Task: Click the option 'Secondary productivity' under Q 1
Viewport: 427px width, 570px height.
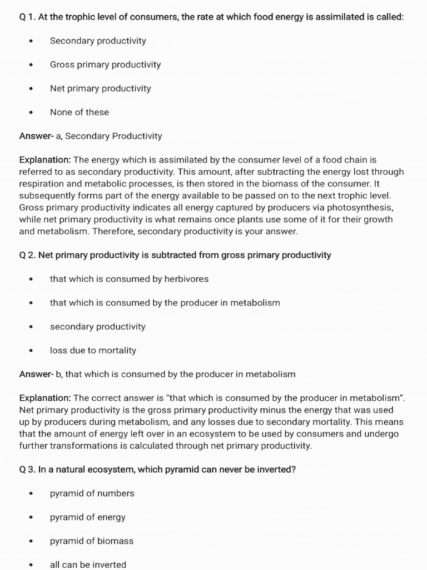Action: tap(98, 41)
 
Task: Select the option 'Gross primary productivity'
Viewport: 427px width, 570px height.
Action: tap(105, 65)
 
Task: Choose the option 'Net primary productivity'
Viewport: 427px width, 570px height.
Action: tap(100, 89)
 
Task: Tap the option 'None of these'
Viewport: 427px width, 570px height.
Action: tap(80, 112)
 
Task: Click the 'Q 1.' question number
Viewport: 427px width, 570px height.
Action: tap(27, 17)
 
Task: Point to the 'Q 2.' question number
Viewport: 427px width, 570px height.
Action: tap(27, 255)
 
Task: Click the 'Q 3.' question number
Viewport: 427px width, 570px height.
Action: tap(27, 469)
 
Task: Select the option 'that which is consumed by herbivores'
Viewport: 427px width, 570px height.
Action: tap(129, 279)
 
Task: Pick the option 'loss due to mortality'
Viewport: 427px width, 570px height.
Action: tap(93, 350)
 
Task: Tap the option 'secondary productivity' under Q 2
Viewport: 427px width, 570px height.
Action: tap(97, 327)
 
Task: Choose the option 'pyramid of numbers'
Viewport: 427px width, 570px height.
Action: tap(92, 493)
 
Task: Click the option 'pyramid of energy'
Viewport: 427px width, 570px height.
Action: tap(87, 517)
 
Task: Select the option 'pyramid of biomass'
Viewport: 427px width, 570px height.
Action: tap(92, 541)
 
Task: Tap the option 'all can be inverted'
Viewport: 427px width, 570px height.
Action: tap(88, 564)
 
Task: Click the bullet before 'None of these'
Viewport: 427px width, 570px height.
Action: tap(31, 112)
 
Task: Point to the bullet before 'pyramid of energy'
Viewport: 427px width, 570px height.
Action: tap(31, 518)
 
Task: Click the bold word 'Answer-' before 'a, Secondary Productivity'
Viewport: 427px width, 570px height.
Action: tap(36, 136)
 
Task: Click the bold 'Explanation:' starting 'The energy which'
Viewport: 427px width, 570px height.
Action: tap(45, 160)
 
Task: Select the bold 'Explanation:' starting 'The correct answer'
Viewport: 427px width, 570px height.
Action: tap(45, 398)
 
